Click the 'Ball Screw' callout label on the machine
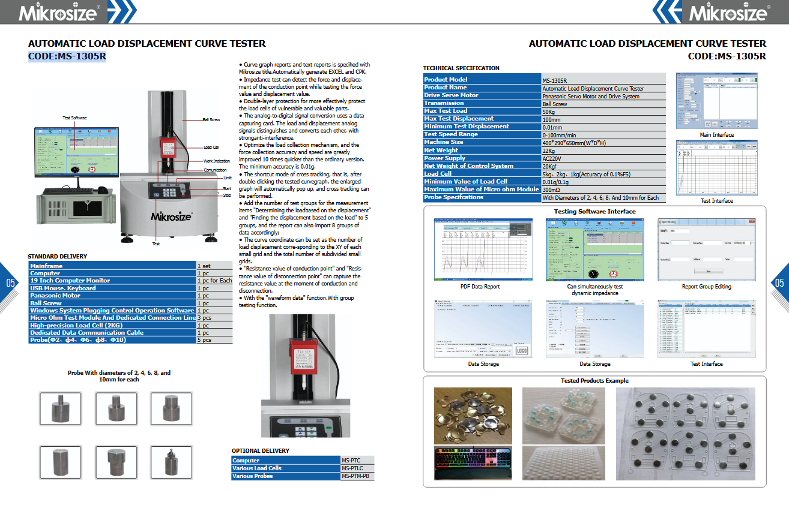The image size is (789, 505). tap(211, 120)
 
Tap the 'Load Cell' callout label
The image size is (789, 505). tap(211, 148)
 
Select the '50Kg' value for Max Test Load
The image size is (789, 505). tap(548, 112)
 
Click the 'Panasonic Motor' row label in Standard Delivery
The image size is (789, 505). tap(55, 296)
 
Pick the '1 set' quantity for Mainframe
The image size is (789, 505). tap(204, 266)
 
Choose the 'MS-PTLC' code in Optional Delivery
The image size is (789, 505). tap(352, 468)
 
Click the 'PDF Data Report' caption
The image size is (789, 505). tap(480, 287)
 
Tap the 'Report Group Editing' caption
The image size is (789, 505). tap(706, 287)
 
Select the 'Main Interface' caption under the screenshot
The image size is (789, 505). tap(716, 135)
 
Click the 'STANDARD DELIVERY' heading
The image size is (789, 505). tap(57, 257)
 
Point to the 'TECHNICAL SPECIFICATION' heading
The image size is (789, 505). tap(461, 68)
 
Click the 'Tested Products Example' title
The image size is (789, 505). tap(594, 381)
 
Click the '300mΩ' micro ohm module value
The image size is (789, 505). tap(551, 190)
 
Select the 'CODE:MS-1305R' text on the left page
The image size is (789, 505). tap(67, 57)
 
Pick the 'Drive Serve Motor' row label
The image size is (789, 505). tap(451, 95)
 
